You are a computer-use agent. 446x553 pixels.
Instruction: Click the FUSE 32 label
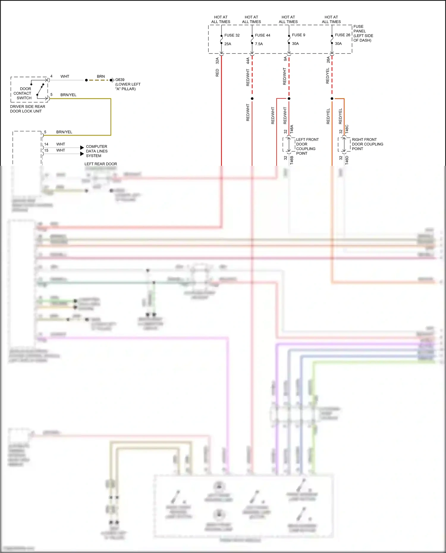232,35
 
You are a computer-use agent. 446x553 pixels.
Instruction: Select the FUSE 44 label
262,35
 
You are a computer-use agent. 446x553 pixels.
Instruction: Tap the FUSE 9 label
298,35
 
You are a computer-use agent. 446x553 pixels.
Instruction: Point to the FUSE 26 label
342,35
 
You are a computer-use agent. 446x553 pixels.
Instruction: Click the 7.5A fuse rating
259,44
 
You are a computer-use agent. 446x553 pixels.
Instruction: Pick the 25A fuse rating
227,44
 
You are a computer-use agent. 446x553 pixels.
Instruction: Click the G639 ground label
120,80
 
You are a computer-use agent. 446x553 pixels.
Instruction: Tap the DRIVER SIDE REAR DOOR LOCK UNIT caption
27,109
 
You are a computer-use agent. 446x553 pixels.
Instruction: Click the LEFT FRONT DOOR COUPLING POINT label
307,146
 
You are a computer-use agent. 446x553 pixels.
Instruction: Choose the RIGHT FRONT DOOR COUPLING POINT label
367,144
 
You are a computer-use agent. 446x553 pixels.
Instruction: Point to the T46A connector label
291,129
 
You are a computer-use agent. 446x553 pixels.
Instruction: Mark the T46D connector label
347,160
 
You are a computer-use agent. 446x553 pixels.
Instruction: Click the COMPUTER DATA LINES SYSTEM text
96,151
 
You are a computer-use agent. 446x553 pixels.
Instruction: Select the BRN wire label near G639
100,76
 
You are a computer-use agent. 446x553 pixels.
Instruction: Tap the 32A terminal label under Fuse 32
217,61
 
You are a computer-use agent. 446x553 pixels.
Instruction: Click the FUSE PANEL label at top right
363,33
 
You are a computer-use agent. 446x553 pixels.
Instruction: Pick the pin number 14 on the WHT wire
46,144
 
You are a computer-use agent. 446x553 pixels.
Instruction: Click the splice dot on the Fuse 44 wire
252,98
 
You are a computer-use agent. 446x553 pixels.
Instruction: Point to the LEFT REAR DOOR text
100,164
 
